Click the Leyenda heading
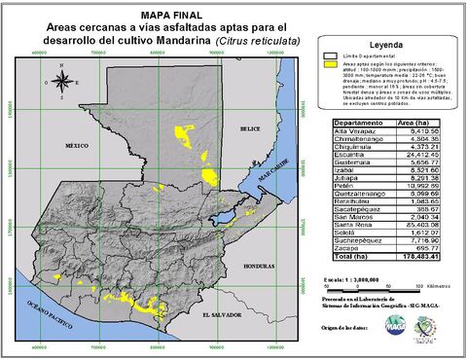pyautogui.click(x=387, y=46)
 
